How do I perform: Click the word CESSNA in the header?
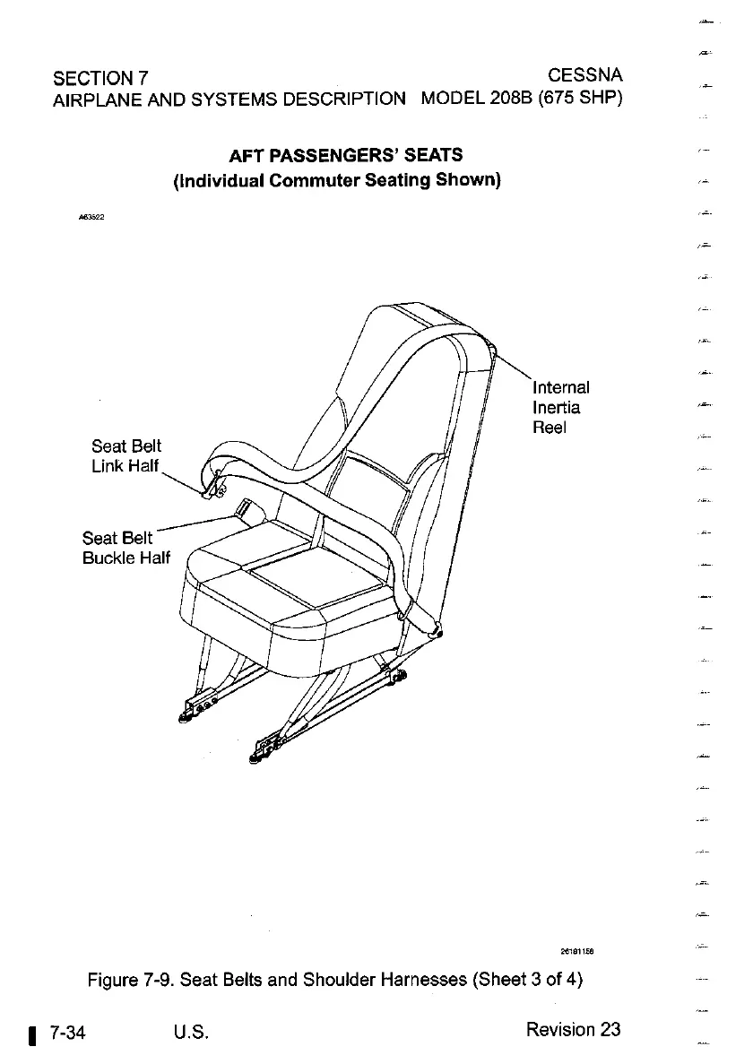584,73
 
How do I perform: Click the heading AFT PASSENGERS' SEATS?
345,156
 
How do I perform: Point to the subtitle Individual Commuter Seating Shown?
336,179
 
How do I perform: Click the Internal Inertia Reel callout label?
560,408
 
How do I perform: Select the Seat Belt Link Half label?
126,455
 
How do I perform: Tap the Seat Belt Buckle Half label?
125,548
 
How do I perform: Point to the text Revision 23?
573,1029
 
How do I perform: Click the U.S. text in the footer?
193,1030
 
